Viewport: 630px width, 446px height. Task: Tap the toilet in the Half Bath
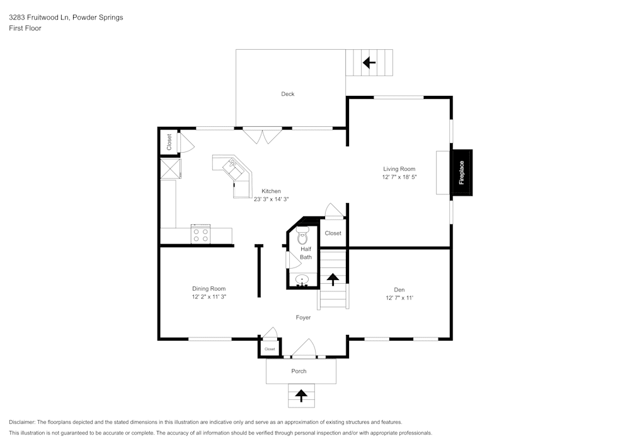302,237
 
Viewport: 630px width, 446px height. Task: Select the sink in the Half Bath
302,280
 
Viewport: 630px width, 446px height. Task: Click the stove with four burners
201,235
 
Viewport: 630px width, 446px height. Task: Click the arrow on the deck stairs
369,62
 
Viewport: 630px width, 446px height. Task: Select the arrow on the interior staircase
333,278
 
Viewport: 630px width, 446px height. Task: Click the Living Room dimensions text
399,178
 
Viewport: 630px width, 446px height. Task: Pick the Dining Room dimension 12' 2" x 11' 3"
209,296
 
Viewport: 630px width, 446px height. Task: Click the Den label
399,290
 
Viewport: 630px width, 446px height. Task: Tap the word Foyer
304,317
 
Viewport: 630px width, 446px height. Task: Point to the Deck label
288,94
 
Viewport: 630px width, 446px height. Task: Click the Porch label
299,371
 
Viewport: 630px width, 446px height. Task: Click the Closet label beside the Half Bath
333,233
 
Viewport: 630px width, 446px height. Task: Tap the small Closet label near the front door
270,349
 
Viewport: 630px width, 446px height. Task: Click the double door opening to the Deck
263,136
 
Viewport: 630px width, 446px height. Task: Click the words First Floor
25,28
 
